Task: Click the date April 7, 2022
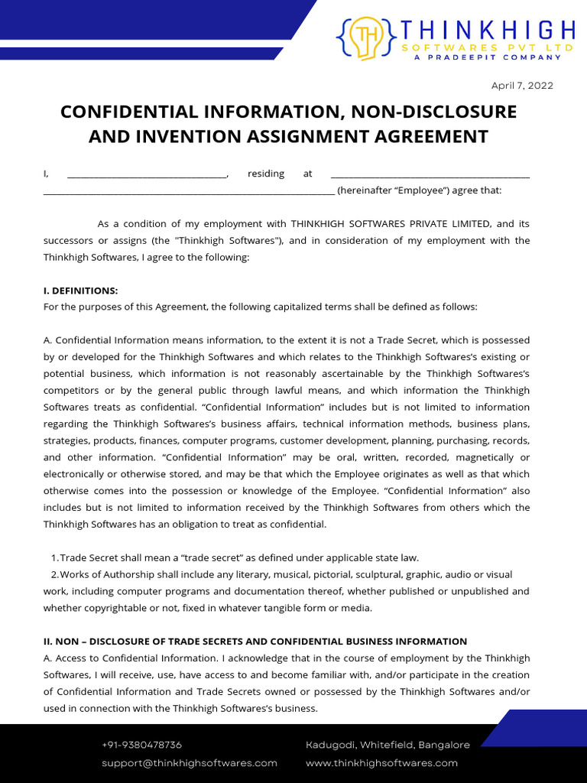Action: tap(522, 86)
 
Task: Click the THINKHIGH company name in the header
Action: tap(488, 31)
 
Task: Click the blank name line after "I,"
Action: tap(147, 174)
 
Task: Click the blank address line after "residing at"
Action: tap(430, 174)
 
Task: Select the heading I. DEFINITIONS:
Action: tap(81, 291)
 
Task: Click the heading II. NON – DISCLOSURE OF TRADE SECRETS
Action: tap(255, 642)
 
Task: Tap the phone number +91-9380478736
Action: tap(141, 745)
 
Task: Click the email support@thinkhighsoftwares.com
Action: tap(190, 763)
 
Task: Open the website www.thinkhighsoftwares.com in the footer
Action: tap(381, 763)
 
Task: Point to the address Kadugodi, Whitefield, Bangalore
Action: tap(388, 745)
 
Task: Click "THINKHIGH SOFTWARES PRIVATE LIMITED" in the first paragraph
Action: tap(391, 224)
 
